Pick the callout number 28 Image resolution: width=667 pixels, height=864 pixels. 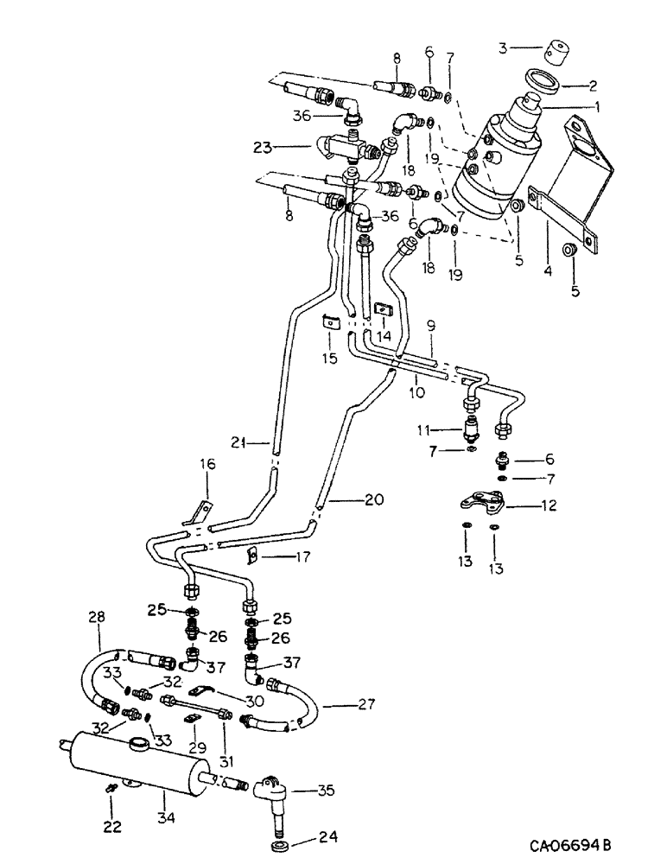coord(95,618)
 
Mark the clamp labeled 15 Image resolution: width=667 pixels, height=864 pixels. coord(330,322)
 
